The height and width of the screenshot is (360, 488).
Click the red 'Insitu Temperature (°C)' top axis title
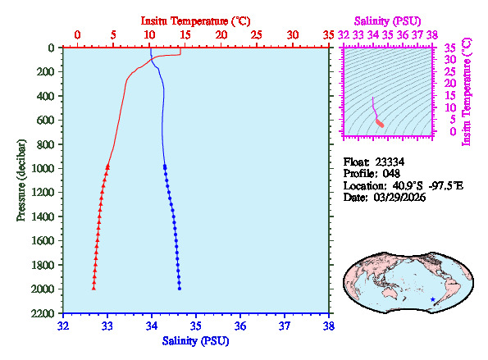coord(196,19)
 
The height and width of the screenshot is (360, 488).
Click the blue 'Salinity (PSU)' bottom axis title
coord(196,340)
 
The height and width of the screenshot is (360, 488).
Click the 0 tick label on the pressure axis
coord(51,48)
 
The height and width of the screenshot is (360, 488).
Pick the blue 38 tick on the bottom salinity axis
coord(329,326)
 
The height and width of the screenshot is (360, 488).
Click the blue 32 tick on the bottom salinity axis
coord(64,326)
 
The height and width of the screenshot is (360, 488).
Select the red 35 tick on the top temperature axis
coord(329,35)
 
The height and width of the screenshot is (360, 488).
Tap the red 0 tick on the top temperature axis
coord(77,35)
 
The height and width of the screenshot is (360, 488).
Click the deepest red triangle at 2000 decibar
coord(93,288)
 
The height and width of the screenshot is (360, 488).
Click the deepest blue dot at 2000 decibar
coord(180,288)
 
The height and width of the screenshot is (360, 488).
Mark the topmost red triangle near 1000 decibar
coord(108,166)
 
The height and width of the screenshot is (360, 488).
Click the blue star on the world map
coord(432,299)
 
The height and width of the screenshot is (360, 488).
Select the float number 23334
coord(391,162)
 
